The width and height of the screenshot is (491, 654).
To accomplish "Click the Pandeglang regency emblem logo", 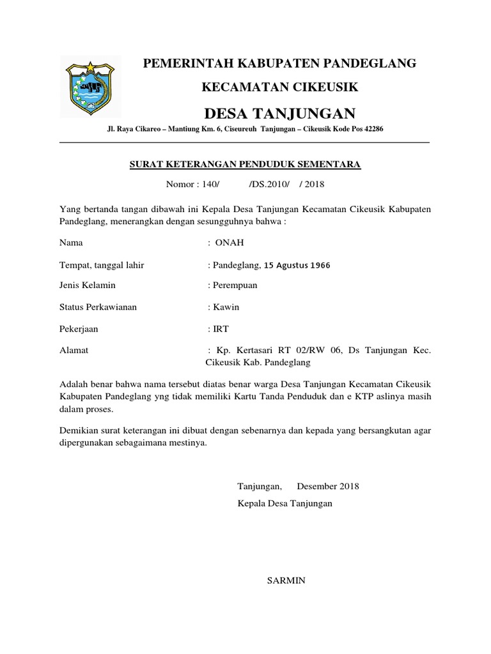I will click(90, 86).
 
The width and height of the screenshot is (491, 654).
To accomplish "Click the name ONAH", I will click(230, 243).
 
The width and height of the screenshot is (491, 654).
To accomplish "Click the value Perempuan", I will click(235, 285).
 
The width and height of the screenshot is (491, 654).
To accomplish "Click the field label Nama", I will click(71, 243).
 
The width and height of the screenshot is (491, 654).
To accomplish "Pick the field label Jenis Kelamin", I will click(88, 285).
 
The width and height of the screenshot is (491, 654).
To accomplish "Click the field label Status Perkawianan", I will click(98, 307).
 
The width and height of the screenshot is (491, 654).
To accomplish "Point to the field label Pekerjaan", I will click(79, 329).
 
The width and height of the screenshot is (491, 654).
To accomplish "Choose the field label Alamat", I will click(74, 351).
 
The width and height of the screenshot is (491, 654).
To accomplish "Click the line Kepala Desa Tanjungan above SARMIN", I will click(285, 503).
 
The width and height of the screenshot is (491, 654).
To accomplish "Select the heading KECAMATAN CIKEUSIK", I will click(279, 86).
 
